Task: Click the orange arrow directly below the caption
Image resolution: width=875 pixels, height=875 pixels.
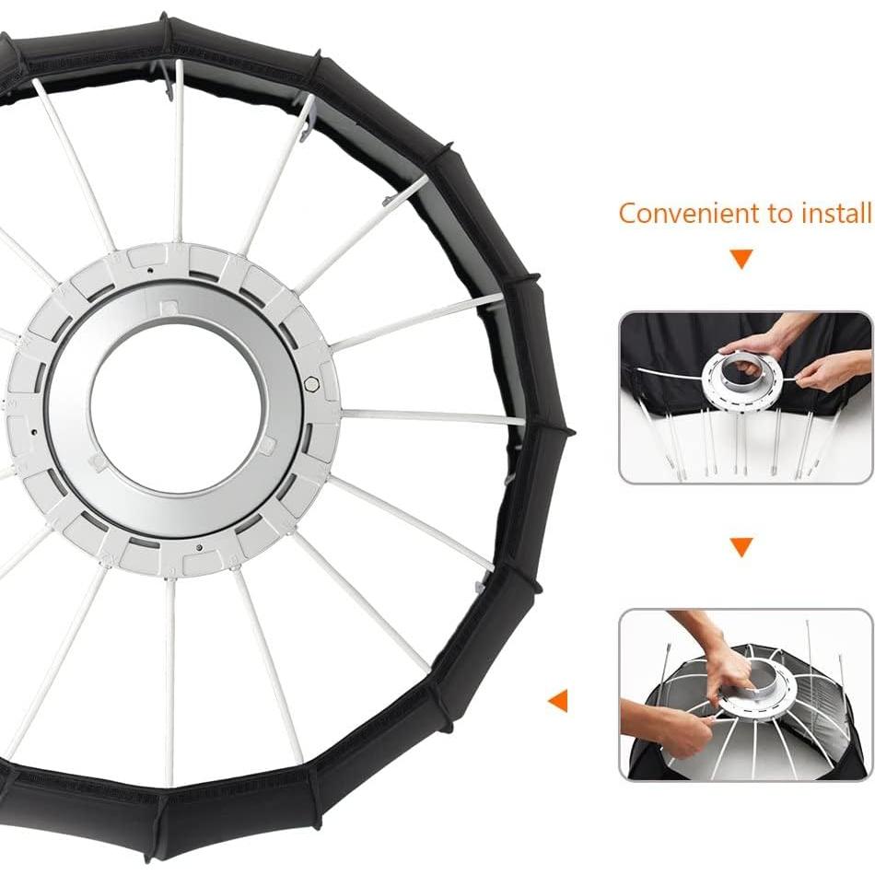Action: click(x=741, y=259)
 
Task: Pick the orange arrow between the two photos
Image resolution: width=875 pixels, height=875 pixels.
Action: click(x=741, y=548)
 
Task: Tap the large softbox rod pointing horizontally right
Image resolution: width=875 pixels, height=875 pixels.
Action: click(x=433, y=417)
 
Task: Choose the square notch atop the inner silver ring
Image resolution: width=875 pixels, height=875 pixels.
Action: click(x=169, y=307)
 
